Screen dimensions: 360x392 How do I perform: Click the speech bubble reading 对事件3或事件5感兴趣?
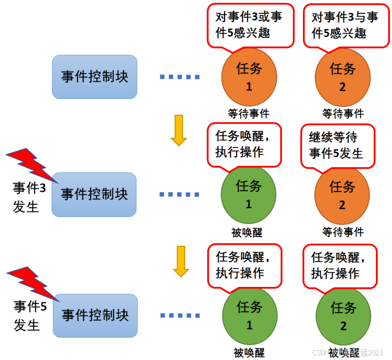coord(250,25)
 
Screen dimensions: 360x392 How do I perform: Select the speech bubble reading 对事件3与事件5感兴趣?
coord(345,25)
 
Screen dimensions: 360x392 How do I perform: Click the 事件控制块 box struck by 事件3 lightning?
coord(94,194)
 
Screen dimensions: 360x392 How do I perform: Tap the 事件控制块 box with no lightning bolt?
coord(94,77)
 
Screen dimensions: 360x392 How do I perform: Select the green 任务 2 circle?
coord(343,315)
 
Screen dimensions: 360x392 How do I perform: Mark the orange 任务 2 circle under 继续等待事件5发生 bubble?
coord(342,194)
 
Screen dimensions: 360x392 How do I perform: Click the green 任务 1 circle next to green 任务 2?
coord(249,315)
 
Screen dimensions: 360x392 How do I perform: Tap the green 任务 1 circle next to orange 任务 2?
coord(248,194)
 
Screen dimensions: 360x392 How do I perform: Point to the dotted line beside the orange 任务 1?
coord(180,77)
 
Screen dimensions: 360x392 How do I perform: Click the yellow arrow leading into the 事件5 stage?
coord(181,260)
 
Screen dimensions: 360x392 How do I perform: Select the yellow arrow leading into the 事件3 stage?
coord(179,129)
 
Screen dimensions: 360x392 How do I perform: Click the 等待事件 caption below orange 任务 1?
coord(249,114)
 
